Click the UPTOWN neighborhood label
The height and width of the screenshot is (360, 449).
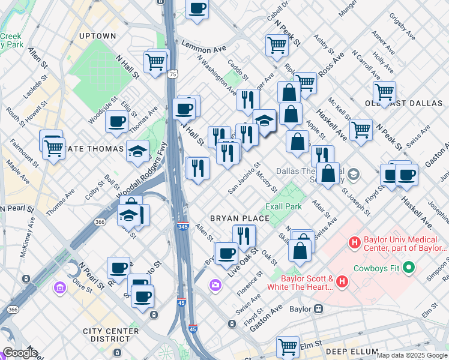[x=97, y=36]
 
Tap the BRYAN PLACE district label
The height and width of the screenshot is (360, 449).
[x=234, y=217]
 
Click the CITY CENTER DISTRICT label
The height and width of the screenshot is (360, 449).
[x=111, y=335]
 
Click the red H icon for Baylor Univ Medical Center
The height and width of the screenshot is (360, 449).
[x=354, y=243]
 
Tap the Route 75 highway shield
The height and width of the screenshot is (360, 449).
[x=173, y=74]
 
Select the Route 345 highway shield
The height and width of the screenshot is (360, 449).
[x=183, y=226]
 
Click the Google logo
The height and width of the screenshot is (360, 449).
[x=20, y=353]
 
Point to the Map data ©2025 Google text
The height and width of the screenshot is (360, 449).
[x=411, y=355]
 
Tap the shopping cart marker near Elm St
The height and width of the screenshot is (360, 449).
[x=288, y=346]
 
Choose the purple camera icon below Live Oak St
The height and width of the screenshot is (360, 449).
[x=215, y=284]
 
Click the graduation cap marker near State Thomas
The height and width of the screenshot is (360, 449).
[x=138, y=150]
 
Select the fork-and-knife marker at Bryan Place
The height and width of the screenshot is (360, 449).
[x=244, y=235]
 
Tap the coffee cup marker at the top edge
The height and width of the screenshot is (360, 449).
[x=197, y=9]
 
